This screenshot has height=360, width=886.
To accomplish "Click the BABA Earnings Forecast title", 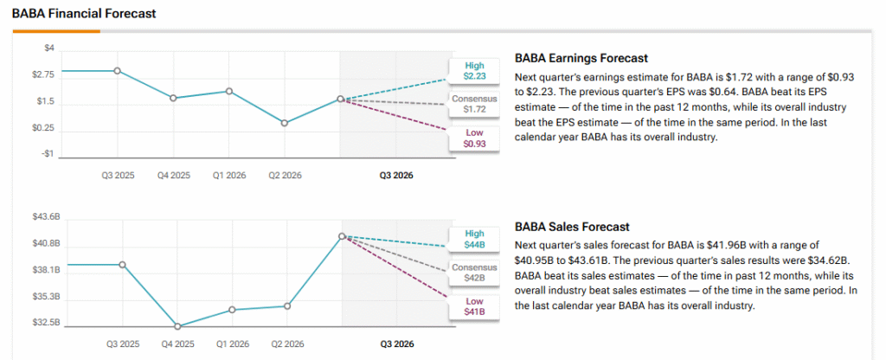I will click(x=581, y=59).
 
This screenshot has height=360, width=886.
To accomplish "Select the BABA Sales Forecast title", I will click(x=572, y=227).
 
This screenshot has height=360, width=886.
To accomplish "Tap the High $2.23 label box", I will click(x=474, y=71).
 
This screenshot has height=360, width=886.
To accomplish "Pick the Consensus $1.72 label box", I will click(x=474, y=104).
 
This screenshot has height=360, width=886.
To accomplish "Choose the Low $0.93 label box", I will click(x=474, y=138).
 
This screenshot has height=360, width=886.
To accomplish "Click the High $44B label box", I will click(x=474, y=239).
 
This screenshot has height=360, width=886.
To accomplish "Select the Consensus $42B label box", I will click(x=474, y=273).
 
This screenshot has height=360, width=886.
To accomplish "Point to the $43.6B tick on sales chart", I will click(x=45, y=216).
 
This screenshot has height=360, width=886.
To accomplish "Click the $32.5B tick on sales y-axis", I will click(x=45, y=324).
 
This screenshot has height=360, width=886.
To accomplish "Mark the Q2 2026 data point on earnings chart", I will click(x=285, y=123).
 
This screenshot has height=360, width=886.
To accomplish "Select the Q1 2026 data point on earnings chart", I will click(x=229, y=91).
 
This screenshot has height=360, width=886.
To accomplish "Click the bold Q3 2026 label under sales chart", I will click(x=396, y=344).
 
